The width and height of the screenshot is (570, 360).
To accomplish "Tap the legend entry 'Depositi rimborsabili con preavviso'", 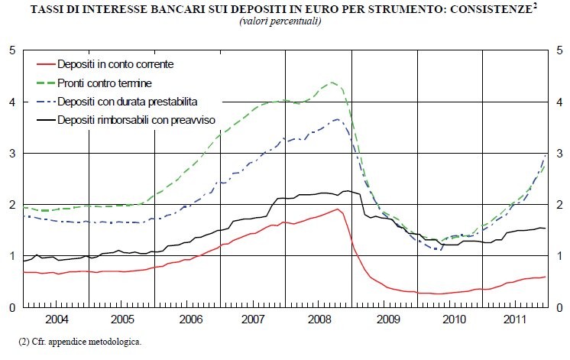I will click(144, 119).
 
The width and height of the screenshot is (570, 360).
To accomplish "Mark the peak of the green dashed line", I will click(332, 82).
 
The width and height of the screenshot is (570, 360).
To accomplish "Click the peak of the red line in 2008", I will click(337, 209).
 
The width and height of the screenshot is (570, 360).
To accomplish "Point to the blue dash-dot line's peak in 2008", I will click(338, 118).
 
